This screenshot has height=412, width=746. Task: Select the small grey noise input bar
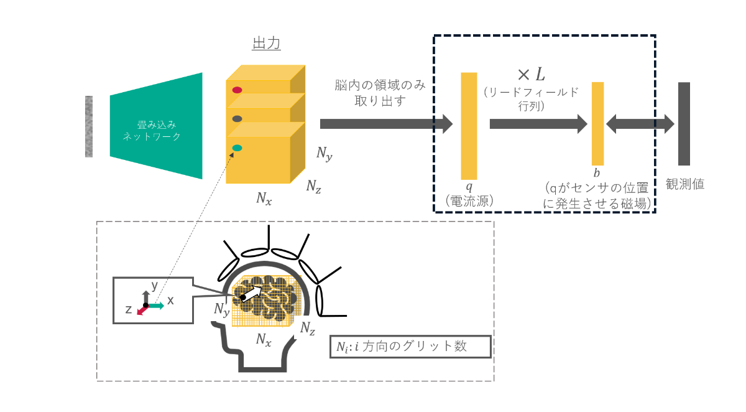click(89, 126)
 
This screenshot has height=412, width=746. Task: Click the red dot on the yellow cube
click(237, 90)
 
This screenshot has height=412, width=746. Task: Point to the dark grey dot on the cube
click(237, 118)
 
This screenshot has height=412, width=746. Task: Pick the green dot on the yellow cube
click(237, 147)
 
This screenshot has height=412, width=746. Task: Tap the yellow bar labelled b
click(597, 123)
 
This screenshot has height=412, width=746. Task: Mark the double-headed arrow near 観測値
click(640, 124)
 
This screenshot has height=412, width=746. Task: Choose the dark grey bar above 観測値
click(684, 124)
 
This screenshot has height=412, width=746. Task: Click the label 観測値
click(684, 184)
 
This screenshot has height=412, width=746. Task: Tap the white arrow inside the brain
click(251, 293)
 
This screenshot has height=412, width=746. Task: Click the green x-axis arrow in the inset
click(156, 305)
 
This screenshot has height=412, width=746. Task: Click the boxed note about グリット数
click(410, 347)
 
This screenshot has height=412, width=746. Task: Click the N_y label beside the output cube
click(324, 154)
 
